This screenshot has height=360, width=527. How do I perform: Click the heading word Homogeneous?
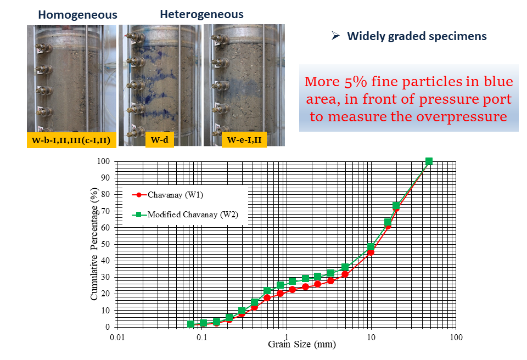[77, 15]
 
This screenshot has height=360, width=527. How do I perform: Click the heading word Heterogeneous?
[201, 14]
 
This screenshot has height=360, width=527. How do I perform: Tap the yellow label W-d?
[160, 139]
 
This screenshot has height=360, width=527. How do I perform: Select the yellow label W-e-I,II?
[244, 140]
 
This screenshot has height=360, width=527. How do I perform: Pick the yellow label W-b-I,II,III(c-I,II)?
[71, 140]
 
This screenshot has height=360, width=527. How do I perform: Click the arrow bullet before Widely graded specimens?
[335, 35]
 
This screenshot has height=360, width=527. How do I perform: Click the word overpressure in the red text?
[462, 116]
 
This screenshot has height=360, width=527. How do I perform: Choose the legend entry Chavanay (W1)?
[168, 195]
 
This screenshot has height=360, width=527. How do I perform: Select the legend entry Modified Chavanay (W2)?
[186, 214]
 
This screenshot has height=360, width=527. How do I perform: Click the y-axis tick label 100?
[103, 161]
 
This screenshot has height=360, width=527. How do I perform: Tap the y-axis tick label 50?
[105, 244]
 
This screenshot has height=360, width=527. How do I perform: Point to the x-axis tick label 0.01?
[117, 337]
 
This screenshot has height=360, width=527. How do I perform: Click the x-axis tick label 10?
[371, 337]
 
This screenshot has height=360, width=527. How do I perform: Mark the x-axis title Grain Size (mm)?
[302, 344]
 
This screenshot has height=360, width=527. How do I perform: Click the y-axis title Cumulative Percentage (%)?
[94, 244]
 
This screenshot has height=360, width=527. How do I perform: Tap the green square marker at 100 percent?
[429, 161]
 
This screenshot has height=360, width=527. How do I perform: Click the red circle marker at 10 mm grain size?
[371, 252]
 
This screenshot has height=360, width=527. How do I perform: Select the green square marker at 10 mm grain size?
[371, 247]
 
